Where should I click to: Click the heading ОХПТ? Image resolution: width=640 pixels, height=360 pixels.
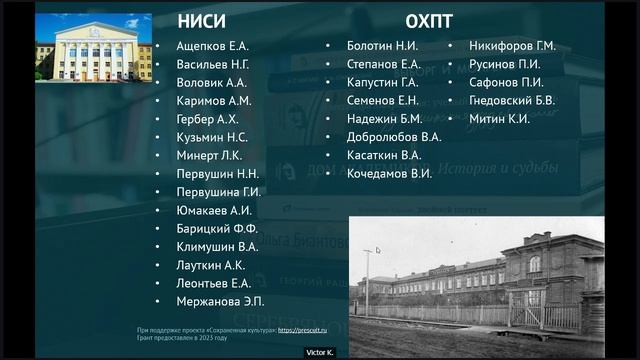point(431,21)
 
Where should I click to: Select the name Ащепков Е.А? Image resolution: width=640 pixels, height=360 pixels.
point(212,46)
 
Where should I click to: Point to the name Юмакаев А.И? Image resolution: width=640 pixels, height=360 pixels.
point(213,210)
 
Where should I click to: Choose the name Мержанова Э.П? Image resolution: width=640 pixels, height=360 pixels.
point(220,301)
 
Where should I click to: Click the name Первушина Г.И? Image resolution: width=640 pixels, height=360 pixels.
point(218,192)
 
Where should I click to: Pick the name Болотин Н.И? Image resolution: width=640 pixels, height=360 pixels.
point(382,46)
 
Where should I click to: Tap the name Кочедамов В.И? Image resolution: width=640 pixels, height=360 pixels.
point(389,173)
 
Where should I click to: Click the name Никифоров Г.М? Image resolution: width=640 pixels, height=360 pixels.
point(513,46)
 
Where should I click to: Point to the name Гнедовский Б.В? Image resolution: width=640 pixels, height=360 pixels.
point(512,100)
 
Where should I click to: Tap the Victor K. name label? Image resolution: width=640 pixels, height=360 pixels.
point(320,352)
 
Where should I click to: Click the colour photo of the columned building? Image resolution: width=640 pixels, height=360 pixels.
point(93,48)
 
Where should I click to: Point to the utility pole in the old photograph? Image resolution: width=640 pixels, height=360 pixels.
point(367,280)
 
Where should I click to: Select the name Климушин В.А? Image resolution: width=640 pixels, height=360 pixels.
point(217,246)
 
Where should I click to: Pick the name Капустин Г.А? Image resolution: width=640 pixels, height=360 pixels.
point(382,82)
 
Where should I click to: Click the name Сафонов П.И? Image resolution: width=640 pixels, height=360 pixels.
point(506,82)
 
